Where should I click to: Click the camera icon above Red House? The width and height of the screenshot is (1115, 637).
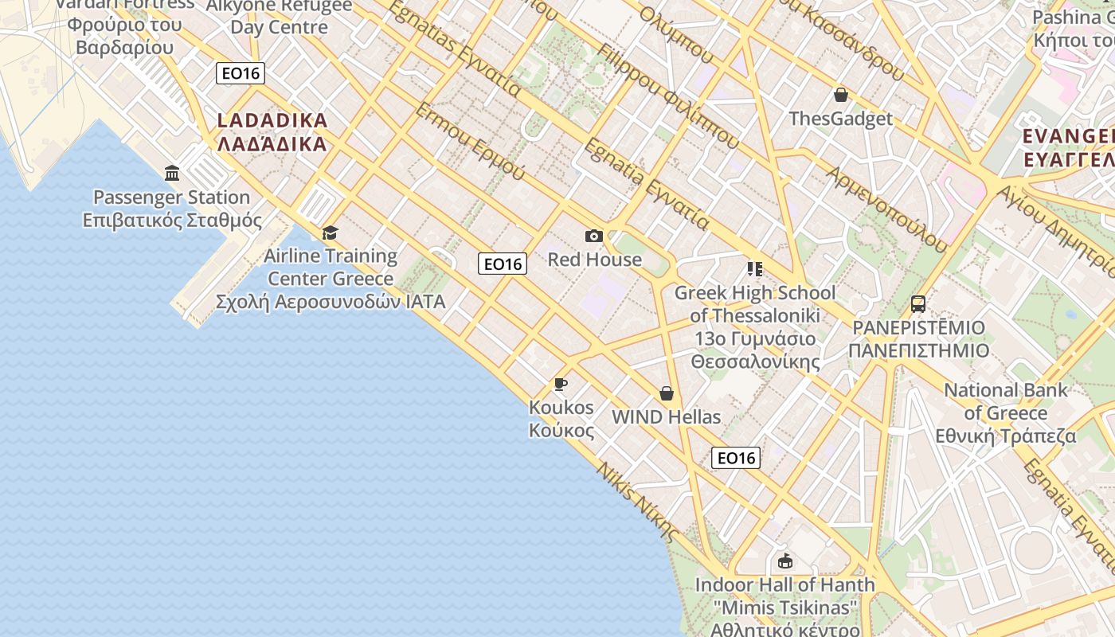click(x=593, y=236)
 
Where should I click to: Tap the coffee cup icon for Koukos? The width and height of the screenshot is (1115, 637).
click(x=561, y=385)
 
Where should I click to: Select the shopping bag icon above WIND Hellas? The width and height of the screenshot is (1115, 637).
click(x=666, y=393)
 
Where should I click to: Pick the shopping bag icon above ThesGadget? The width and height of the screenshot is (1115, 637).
click(x=840, y=96)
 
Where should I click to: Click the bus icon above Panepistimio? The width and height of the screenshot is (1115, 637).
click(x=918, y=303)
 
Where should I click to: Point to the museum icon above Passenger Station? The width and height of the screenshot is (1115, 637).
click(x=172, y=173)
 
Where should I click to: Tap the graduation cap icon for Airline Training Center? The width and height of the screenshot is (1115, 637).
click(x=330, y=233)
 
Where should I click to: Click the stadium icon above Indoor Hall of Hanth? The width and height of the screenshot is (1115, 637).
click(x=784, y=561)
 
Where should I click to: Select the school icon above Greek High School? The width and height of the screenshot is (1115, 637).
click(x=754, y=269)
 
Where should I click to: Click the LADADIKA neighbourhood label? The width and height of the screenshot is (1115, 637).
click(x=272, y=132)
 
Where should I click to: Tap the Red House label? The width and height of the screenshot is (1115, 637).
click(x=594, y=260)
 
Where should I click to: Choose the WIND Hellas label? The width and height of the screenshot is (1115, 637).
click(x=666, y=417)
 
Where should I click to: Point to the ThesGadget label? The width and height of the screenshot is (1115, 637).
click(x=840, y=119)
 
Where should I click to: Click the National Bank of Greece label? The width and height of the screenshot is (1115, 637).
click(x=1005, y=413)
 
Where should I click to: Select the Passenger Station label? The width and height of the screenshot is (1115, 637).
click(x=172, y=209)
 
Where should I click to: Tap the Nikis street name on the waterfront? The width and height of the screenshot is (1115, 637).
click(x=638, y=501)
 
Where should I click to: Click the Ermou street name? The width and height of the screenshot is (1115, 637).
click(x=469, y=141)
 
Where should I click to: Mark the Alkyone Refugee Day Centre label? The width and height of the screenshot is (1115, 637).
click(x=279, y=16)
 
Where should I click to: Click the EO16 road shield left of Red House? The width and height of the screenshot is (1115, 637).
click(x=503, y=264)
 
